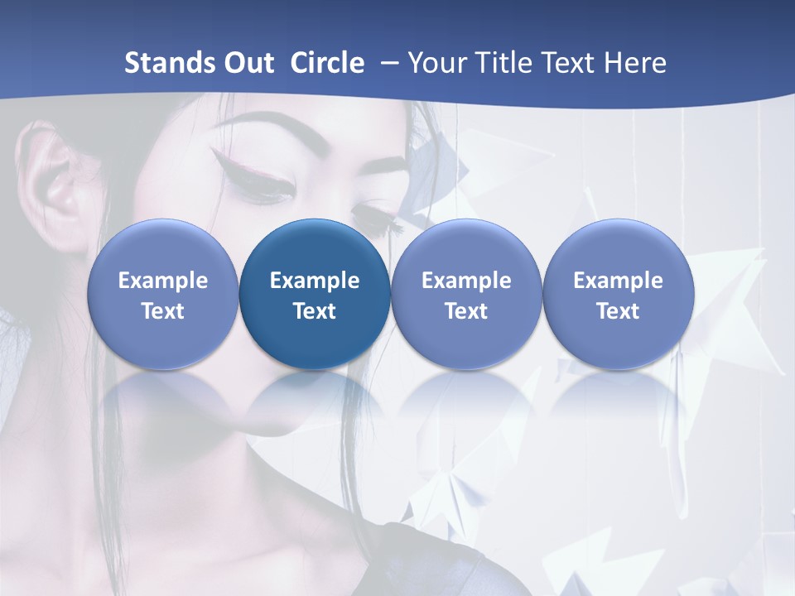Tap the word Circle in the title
(327, 63)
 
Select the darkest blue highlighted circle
(315, 294)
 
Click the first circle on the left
(163, 294)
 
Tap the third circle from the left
(466, 294)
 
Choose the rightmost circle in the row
(619, 294)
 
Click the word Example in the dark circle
(315, 281)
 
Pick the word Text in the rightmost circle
(619, 311)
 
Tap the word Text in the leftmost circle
(163, 311)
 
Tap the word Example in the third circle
(466, 281)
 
